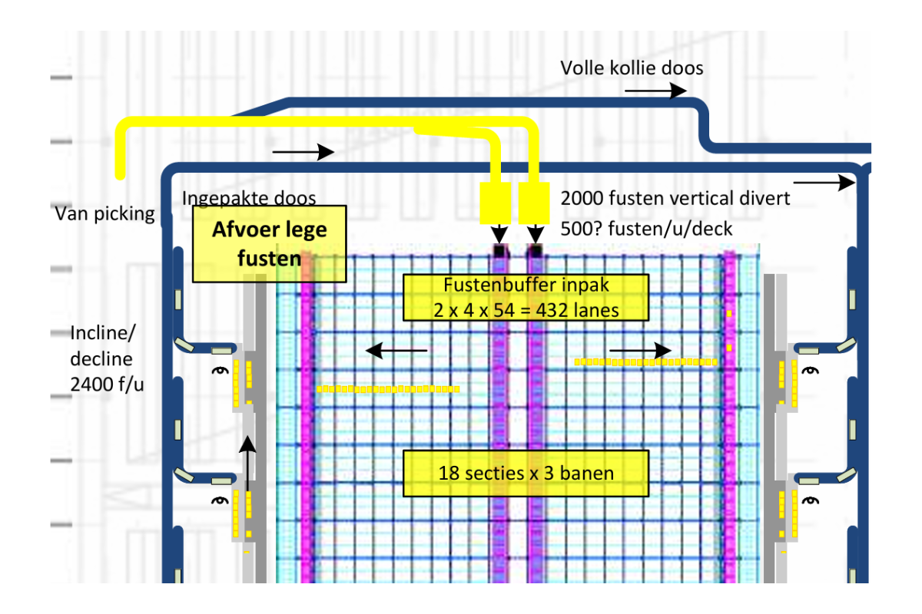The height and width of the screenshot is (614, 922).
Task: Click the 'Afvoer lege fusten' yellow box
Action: [x=269, y=243]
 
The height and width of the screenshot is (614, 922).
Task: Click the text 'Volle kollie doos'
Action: [x=632, y=68]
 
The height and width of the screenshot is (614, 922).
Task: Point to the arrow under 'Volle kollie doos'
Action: [x=655, y=91]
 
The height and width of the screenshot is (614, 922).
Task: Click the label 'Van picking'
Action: [x=105, y=214]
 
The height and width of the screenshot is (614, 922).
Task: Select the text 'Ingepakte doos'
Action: [x=249, y=198]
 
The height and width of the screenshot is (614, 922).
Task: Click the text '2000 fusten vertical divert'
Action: [x=675, y=198]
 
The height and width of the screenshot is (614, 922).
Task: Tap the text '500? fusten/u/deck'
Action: [x=646, y=229]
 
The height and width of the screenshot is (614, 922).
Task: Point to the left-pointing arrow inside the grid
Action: [x=396, y=351]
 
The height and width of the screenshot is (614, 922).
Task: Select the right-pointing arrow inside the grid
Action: [x=641, y=350]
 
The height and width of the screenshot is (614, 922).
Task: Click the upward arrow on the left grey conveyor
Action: [x=247, y=458]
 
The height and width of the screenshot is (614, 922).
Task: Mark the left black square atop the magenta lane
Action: [x=499, y=250]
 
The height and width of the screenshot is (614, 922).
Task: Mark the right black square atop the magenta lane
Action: [x=536, y=250]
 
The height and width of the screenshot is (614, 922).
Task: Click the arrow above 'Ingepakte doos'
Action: [x=303, y=152]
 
